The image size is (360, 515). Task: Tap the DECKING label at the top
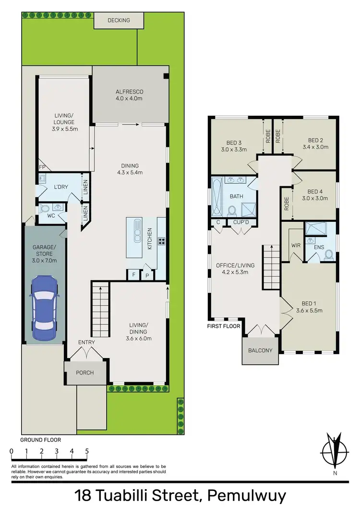tap(119, 21)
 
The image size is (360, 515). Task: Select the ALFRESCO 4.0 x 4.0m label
tap(129, 95)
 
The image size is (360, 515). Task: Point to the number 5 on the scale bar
tap(87, 451)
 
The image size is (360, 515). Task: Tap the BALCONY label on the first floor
tap(260, 350)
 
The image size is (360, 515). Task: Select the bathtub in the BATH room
tap(216, 197)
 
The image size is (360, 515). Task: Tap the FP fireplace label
tap(42, 167)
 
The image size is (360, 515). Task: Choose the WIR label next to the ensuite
tap(295, 245)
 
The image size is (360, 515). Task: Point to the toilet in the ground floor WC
tap(45, 209)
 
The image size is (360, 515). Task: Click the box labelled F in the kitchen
tap(133, 275)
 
